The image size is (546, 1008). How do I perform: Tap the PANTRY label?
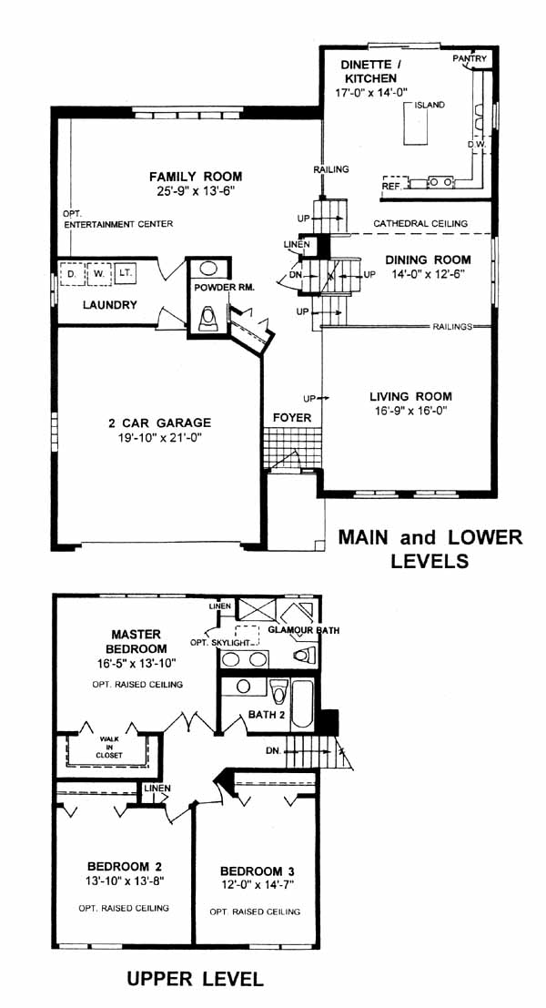(x=470, y=58)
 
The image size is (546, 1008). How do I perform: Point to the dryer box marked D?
(x=71, y=273)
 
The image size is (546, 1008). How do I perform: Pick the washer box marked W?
(x=98, y=273)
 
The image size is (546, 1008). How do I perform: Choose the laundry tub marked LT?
(x=125, y=273)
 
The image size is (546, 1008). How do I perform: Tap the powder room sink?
(x=208, y=268)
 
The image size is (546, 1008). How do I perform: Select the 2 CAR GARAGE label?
(x=159, y=423)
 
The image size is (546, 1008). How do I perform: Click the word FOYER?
(x=291, y=418)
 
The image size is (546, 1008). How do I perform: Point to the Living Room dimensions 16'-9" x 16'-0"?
(x=410, y=410)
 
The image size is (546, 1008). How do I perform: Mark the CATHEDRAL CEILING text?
(x=420, y=224)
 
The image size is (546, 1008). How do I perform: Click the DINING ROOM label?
(x=428, y=260)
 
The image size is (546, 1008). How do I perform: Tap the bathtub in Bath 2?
(x=302, y=704)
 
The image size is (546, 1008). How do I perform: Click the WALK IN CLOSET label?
(x=109, y=747)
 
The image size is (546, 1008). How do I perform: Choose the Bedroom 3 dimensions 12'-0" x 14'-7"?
(x=257, y=885)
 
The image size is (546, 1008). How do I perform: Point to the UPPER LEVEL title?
(x=196, y=979)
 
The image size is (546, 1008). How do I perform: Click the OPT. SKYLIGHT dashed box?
(x=247, y=636)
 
